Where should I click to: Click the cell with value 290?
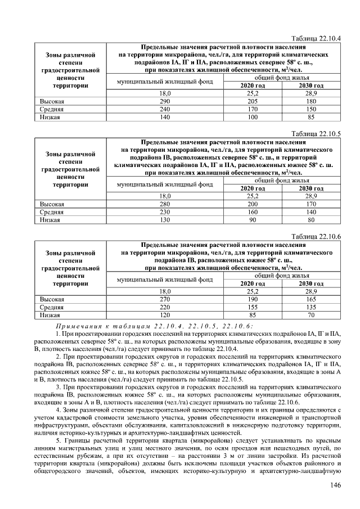pos(165,101)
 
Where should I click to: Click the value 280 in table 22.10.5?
pos(165,204)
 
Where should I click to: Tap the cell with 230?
pos(165,212)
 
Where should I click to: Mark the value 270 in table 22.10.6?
pos(165,300)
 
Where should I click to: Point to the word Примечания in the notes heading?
pos(79,326)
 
